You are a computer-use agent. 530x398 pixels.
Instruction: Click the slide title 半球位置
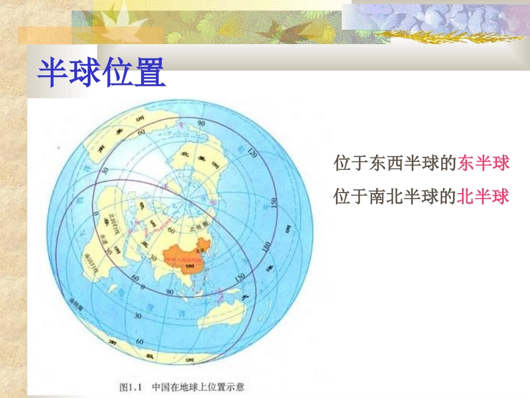(x=101, y=73)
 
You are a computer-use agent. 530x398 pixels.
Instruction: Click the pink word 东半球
(x=483, y=164)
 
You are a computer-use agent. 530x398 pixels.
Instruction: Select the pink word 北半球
(x=483, y=196)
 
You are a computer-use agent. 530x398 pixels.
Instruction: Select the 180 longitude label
(x=267, y=247)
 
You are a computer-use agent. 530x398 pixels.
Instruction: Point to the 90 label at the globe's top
(x=201, y=123)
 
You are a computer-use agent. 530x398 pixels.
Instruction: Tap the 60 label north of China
(x=171, y=230)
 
